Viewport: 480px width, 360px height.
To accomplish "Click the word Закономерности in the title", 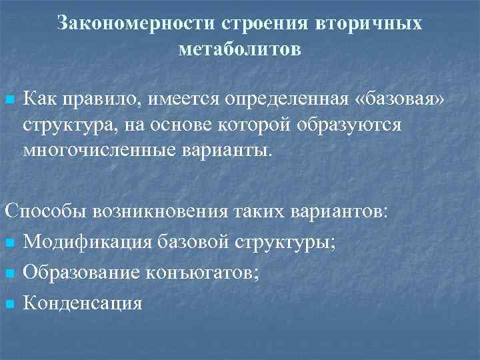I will (x=135, y=23).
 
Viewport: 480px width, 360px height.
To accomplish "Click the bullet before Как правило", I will (x=9, y=100).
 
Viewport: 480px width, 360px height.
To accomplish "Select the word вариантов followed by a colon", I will (x=339, y=212).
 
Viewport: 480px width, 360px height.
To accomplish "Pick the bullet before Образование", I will (x=9, y=274).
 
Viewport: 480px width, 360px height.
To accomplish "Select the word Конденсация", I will (x=83, y=303).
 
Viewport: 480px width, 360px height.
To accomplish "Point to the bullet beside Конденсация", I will (x=9, y=304).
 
